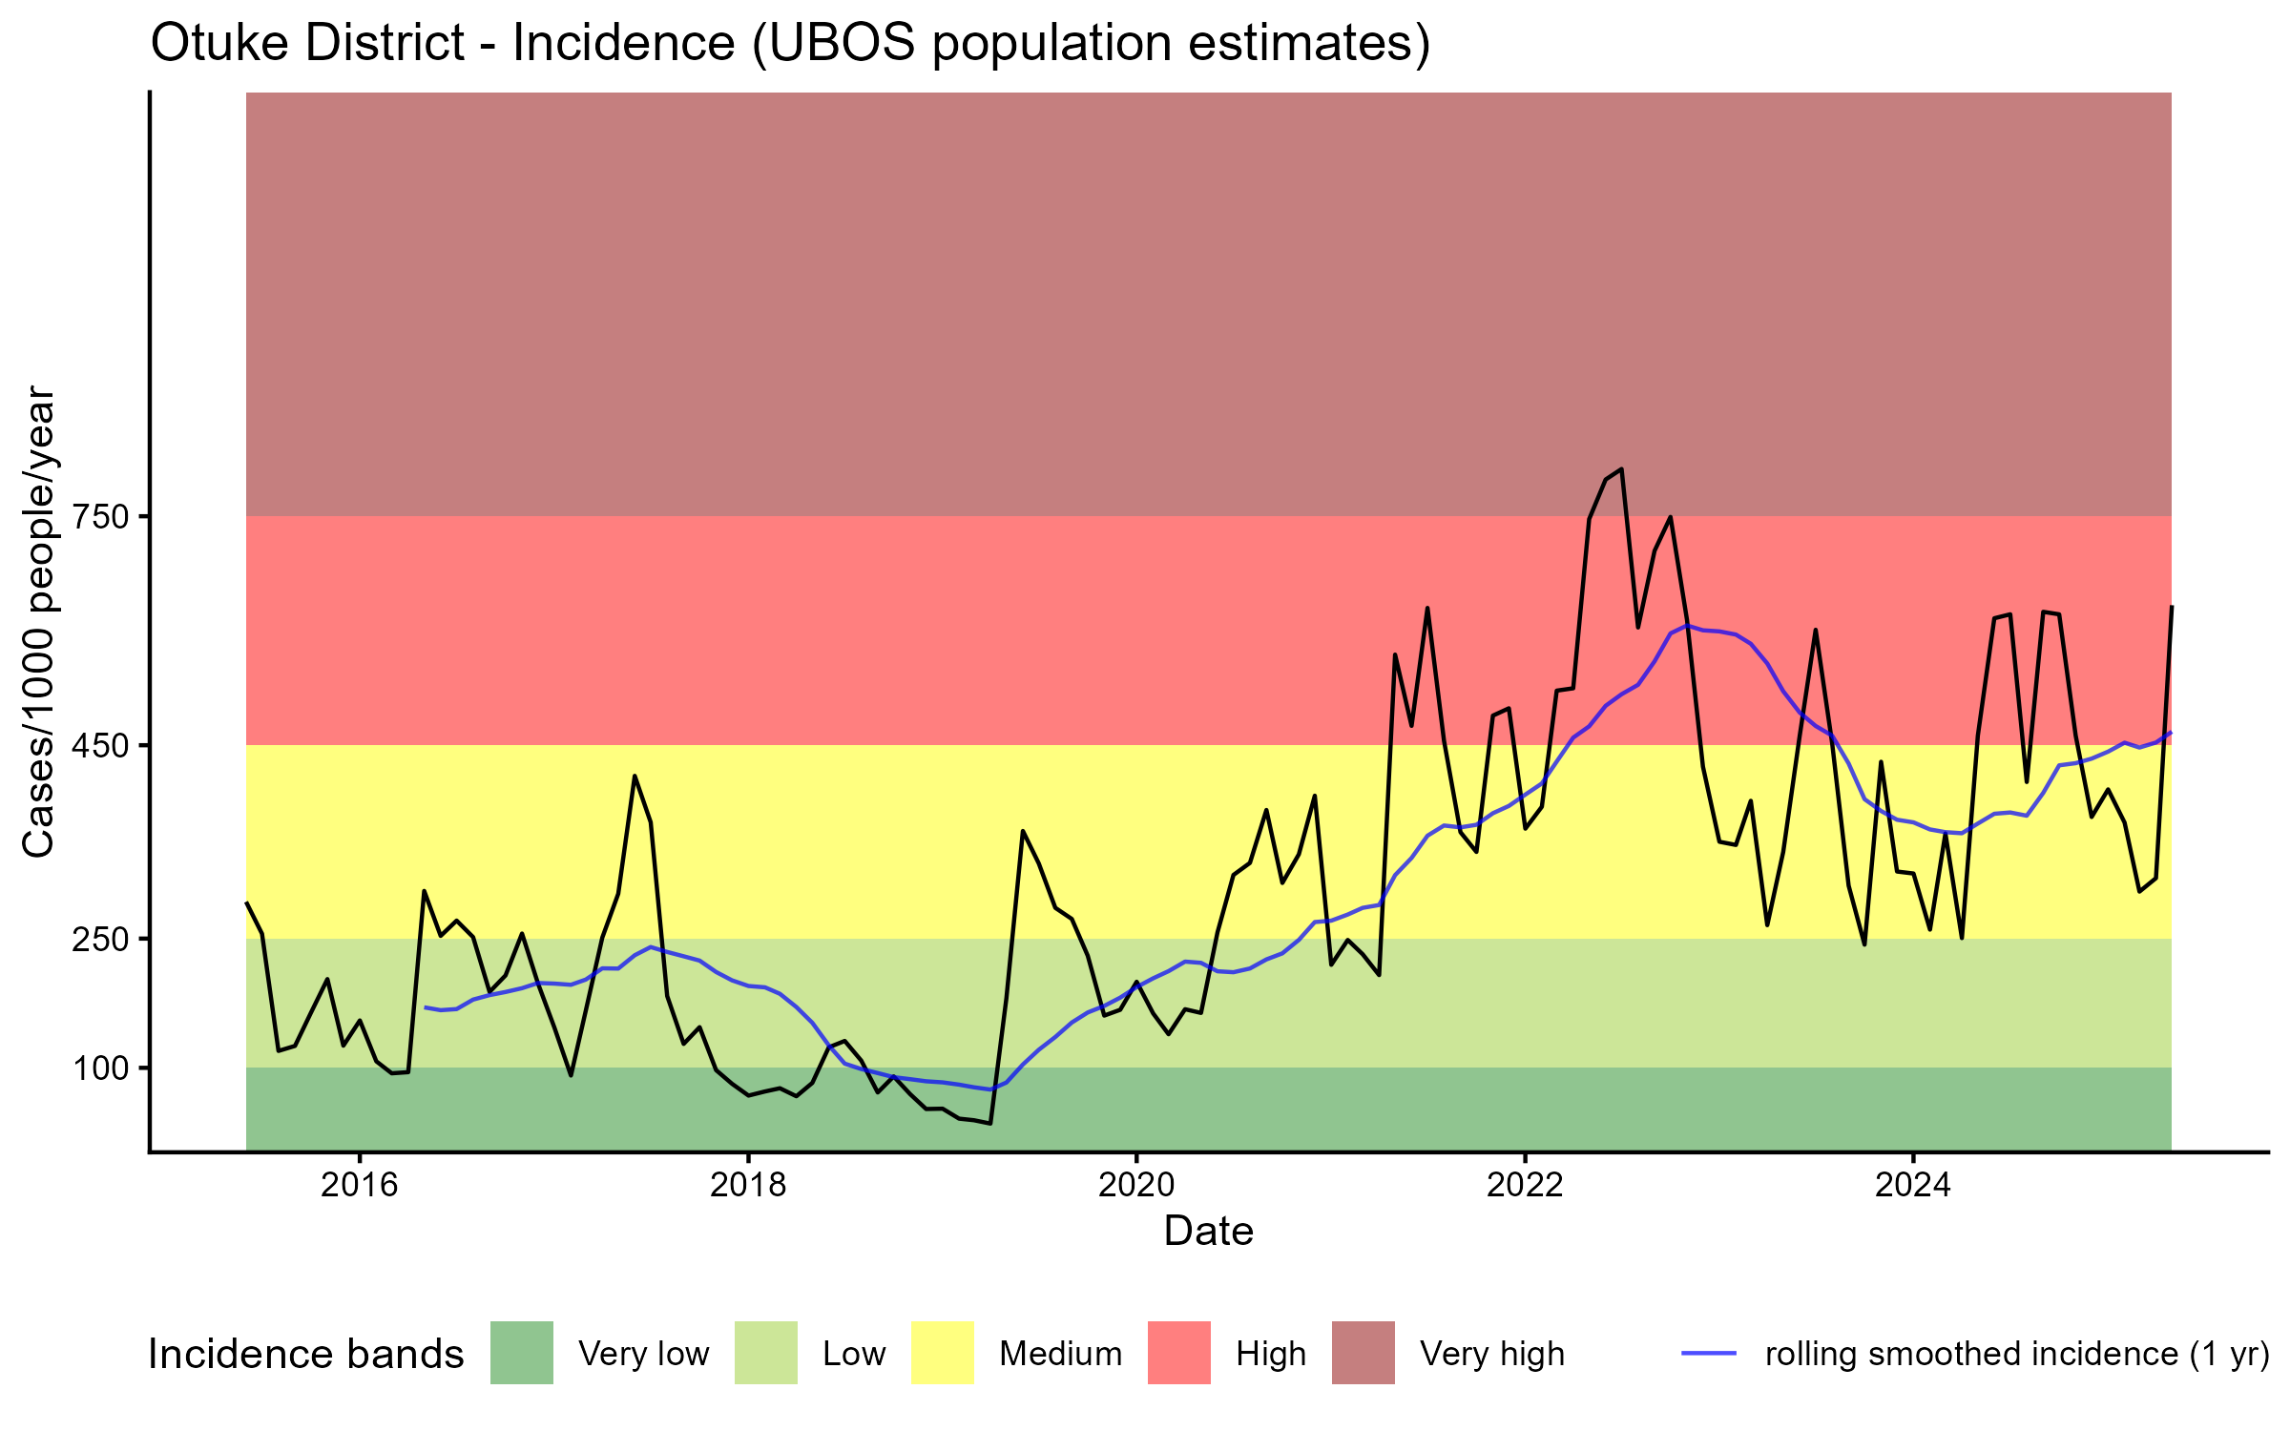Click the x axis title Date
point(1208,1232)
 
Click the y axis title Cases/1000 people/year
point(38,621)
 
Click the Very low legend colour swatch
point(522,1353)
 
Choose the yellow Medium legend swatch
point(943,1353)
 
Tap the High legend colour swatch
point(1179,1353)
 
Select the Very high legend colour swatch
point(1364,1353)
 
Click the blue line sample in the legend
point(1709,1353)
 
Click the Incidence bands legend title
point(305,1355)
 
